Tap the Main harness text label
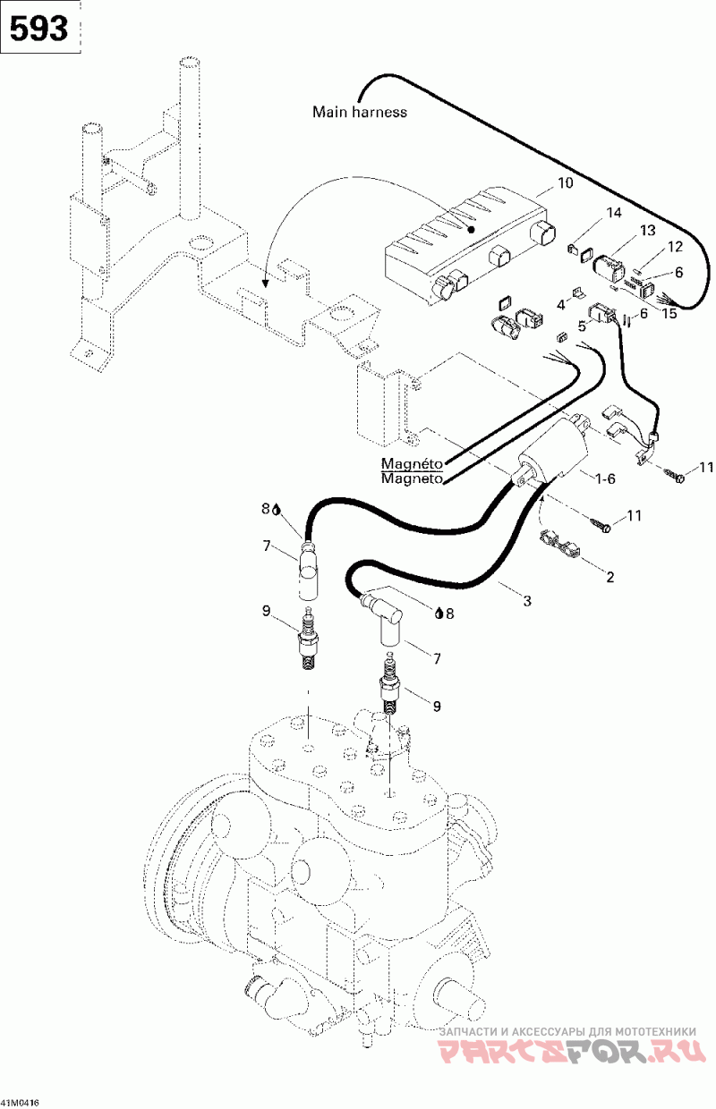pos(359,112)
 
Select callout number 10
pos(565,182)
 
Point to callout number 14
pos(613,213)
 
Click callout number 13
pos(648,230)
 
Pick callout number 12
pos(675,247)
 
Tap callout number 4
pos(561,305)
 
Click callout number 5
pos(582,326)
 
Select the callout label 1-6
pos(604,478)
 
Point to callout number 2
pos(610,577)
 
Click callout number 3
pos(527,600)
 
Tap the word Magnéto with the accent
pos(412,463)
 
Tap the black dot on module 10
pos(472,230)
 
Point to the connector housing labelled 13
pos(609,269)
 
